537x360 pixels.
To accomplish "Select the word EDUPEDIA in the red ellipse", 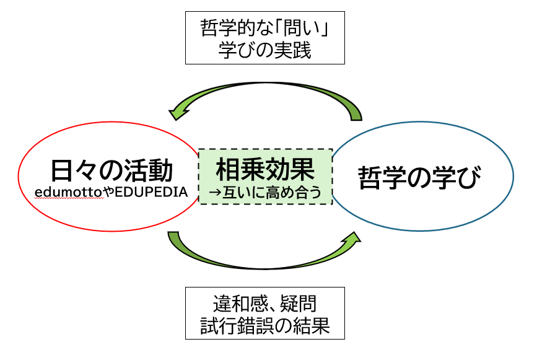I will [149, 192].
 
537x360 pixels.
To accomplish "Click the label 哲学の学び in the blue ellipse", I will [421, 178].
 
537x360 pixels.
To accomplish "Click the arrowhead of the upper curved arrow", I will [178, 112].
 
